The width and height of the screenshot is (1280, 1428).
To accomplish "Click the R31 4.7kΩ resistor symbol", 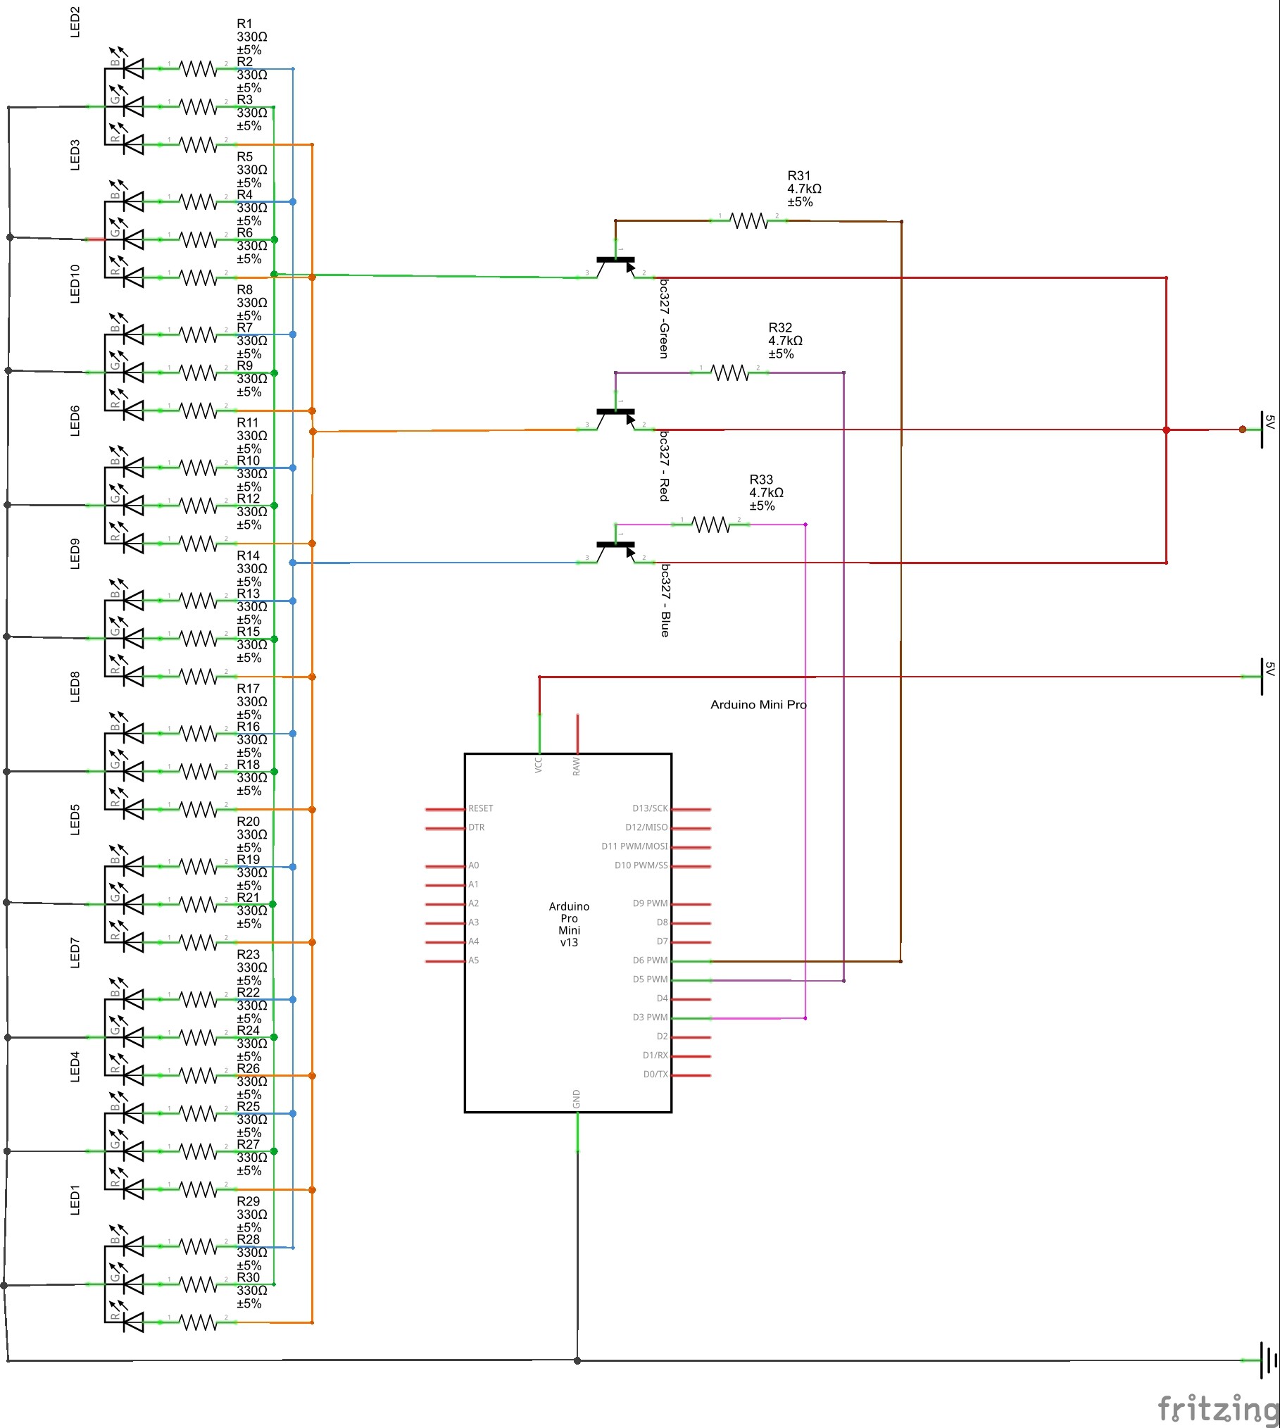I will (x=748, y=221).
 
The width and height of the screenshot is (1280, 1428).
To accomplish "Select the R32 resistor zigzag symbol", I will (x=729, y=372).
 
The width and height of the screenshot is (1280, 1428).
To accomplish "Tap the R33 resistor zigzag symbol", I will (x=710, y=525).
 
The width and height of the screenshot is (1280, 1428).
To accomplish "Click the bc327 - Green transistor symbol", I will (x=616, y=266).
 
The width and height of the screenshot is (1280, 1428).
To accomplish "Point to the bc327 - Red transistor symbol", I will (x=616, y=418).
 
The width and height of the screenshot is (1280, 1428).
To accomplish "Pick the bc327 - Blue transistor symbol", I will (x=616, y=551).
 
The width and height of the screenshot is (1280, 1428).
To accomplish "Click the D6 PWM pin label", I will (x=649, y=960).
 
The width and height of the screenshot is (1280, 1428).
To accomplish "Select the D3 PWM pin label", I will (x=649, y=1017).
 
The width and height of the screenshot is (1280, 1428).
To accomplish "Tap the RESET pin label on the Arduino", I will (x=481, y=808).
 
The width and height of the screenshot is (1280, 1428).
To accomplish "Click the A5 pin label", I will (x=474, y=960).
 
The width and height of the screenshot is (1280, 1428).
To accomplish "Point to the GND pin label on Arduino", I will (x=577, y=1099).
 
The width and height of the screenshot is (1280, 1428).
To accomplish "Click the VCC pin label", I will (x=539, y=765).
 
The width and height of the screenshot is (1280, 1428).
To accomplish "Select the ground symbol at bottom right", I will (x=1267, y=1360).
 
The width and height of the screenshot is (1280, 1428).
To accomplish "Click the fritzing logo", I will (x=1218, y=1408).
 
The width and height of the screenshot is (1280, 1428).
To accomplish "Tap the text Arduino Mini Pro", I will (x=758, y=705).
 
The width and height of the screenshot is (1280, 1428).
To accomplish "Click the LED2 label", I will (x=75, y=22).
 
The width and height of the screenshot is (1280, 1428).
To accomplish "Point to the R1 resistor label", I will (x=244, y=24).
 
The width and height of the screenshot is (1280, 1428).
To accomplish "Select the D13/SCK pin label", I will (x=649, y=808).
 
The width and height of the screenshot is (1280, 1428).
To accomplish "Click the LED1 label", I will (x=75, y=1200).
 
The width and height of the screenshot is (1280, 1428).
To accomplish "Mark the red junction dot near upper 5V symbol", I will (x=1166, y=430).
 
